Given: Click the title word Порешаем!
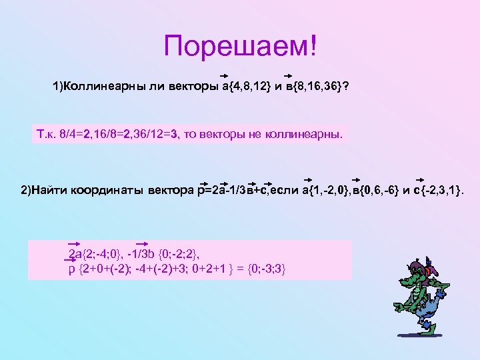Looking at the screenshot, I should coord(242,46).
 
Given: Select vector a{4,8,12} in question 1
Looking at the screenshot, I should coord(246,88).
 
